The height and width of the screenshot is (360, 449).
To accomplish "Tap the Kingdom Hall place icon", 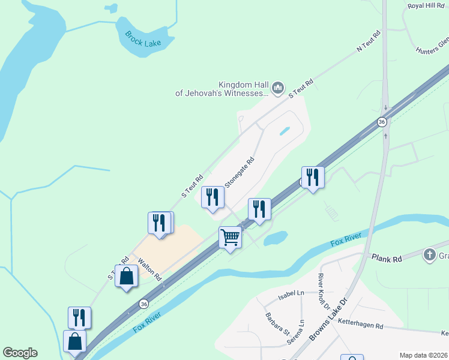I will pyautogui.click(x=277, y=89).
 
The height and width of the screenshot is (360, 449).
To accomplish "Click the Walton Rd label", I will pyautogui.click(x=149, y=270).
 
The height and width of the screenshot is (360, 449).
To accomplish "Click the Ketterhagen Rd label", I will pyautogui.click(x=360, y=325).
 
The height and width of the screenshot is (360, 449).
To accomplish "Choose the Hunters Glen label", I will pyautogui.click(x=432, y=46).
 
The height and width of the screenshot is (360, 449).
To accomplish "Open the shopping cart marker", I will pyautogui.click(x=231, y=238).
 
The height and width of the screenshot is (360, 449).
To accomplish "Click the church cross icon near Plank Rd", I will pyautogui.click(x=430, y=255).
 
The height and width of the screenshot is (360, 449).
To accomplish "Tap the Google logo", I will pyautogui.click(x=20, y=353).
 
